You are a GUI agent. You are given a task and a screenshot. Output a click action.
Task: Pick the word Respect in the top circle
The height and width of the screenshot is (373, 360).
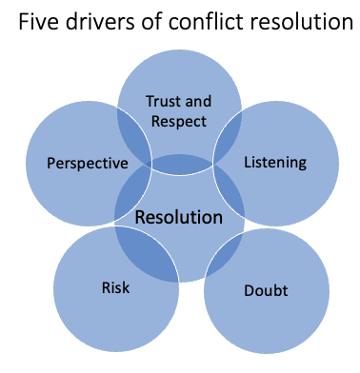pyautogui.click(x=178, y=119)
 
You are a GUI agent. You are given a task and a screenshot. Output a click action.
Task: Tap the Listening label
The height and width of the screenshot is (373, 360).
pyautogui.click(x=275, y=162)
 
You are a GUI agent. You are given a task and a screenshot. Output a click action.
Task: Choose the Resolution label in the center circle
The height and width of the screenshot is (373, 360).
pyautogui.click(x=179, y=217)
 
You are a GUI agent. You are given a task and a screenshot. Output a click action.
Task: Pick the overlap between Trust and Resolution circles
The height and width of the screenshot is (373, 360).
pyautogui.click(x=180, y=165)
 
